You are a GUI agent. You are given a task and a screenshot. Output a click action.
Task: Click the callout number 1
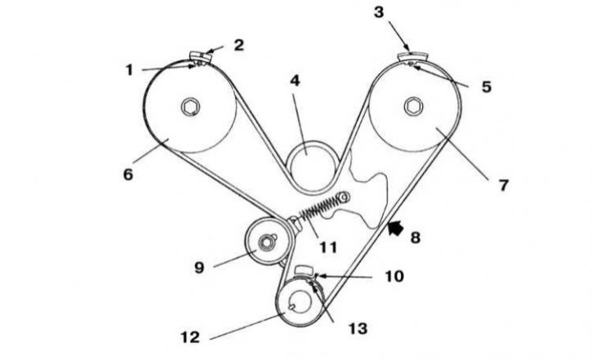[129, 70]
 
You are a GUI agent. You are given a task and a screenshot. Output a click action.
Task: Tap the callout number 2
[239, 45]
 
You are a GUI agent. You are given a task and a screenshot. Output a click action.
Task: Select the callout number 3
[379, 12]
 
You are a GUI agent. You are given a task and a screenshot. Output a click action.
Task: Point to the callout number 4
[295, 81]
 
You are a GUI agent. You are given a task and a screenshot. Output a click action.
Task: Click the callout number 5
[487, 87]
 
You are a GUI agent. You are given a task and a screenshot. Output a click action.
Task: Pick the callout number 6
[128, 175]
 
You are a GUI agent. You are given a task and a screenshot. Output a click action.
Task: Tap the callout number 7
[504, 185]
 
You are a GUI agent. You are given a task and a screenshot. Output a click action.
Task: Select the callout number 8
[416, 238]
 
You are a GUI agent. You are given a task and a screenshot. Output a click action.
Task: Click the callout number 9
[199, 268]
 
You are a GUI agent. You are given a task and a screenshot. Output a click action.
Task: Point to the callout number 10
[394, 277]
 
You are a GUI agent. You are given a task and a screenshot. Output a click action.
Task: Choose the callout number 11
[328, 247]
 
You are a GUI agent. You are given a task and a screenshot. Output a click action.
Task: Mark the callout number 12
[190, 337]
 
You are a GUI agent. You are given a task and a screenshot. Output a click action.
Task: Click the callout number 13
[358, 329]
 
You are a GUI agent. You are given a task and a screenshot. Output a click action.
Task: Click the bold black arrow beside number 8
[395, 229]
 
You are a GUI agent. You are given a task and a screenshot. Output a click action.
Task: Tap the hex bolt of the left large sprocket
[190, 107]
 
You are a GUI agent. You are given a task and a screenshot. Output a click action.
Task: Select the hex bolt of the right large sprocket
[413, 106]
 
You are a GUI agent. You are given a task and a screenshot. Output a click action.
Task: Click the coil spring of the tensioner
[320, 208]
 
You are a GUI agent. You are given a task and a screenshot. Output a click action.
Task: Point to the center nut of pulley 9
[266, 242]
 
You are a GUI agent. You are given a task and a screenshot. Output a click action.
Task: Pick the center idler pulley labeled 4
[311, 165]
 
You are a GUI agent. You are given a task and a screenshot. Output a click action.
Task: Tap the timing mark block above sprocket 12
[304, 270]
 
